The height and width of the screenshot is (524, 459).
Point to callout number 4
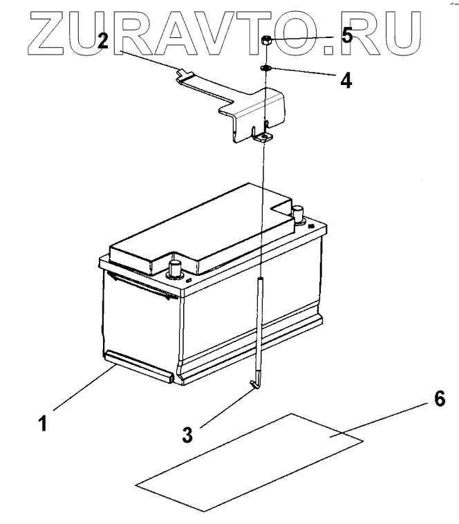346,80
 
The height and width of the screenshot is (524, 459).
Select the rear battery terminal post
299,212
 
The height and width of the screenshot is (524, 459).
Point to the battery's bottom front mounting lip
138,363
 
